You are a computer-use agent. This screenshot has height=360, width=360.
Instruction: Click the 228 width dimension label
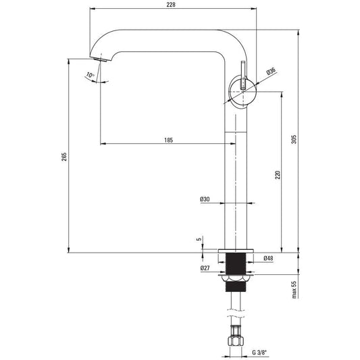tap(171, 5)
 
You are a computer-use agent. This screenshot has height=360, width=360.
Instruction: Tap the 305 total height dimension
tap(294, 139)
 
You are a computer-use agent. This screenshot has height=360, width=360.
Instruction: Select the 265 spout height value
tap(64, 157)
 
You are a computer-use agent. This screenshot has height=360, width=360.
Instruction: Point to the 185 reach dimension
tap(169, 140)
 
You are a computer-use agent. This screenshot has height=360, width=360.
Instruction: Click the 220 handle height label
tap(278, 175)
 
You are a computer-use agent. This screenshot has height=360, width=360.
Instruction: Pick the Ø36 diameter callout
tap(271, 71)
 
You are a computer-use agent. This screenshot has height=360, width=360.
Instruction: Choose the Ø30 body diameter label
tap(205, 199)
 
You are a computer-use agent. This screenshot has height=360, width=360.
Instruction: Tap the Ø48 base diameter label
tap(268, 258)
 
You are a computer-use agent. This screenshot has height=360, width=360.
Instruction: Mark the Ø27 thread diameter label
tap(205, 268)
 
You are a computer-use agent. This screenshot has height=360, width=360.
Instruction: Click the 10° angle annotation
tap(90, 75)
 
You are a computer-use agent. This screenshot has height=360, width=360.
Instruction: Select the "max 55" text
tap(294, 290)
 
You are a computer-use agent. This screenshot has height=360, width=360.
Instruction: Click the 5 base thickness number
tap(199, 239)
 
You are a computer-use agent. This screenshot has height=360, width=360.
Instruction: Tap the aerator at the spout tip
tap(101, 59)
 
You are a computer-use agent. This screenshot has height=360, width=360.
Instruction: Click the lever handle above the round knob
tap(243, 75)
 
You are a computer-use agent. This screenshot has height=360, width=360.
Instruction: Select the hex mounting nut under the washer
tap(236, 279)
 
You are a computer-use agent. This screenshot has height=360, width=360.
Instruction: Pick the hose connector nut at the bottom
tap(236, 341)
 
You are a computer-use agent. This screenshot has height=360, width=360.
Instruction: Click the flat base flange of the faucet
tap(236, 251)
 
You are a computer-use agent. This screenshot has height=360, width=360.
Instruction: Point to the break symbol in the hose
tap(236, 313)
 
